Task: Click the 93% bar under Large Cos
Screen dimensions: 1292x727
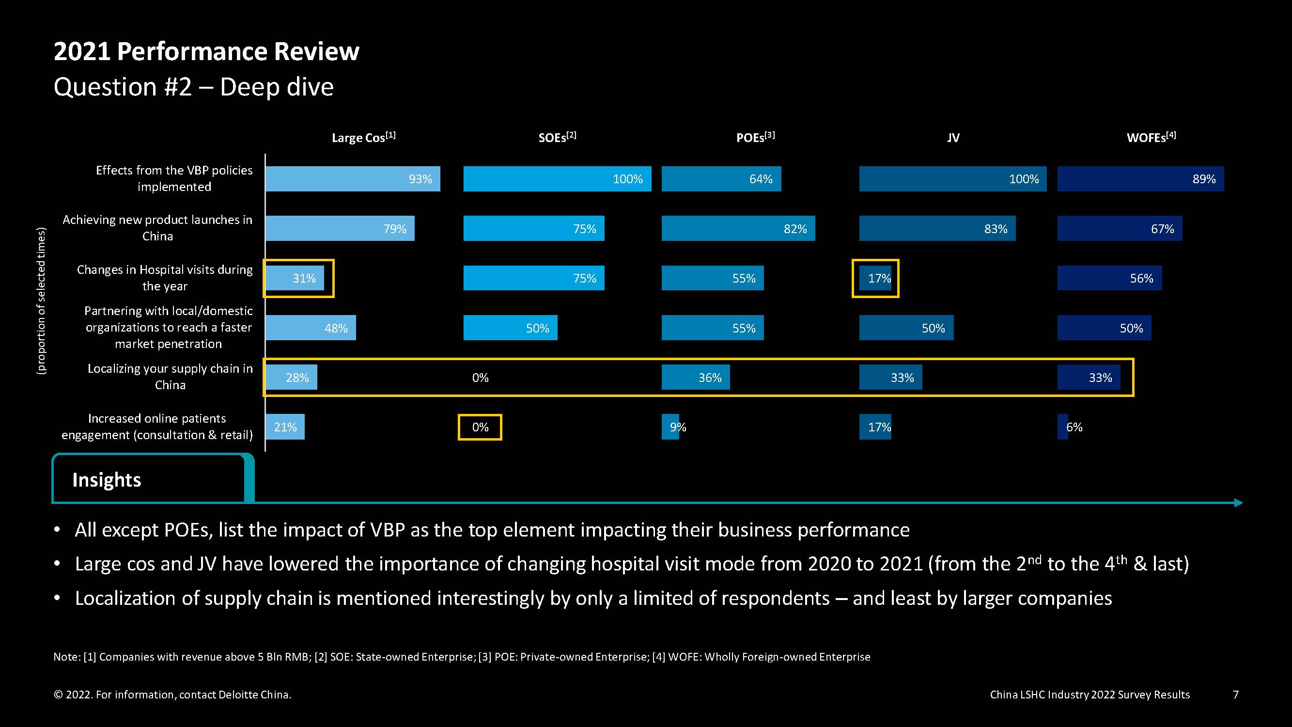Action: click(353, 179)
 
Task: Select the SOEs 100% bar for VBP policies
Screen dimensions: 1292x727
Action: click(557, 179)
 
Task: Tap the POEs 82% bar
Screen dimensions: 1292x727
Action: click(738, 228)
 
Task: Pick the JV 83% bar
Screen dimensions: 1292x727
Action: click(937, 228)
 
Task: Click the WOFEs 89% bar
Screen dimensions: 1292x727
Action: click(1140, 179)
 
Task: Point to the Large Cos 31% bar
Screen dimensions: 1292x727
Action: click(295, 278)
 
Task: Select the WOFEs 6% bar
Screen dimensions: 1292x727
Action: click(1063, 427)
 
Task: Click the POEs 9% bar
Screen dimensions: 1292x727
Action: click(670, 427)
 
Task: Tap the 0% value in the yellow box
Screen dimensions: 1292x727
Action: click(480, 427)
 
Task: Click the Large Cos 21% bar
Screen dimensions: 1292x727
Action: click(285, 427)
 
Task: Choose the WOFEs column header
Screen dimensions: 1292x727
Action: click(1151, 137)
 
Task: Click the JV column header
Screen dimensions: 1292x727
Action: click(953, 138)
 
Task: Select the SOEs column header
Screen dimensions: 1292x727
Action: click(557, 137)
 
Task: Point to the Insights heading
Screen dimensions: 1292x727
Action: click(107, 480)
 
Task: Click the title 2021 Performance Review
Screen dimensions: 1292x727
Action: click(207, 51)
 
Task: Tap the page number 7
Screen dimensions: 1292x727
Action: click(1236, 695)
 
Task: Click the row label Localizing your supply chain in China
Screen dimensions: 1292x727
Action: click(170, 377)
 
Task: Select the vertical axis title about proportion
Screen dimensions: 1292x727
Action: click(41, 300)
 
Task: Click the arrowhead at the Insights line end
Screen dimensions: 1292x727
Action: click(1239, 503)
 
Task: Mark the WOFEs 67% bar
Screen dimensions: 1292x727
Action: click(1120, 228)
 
